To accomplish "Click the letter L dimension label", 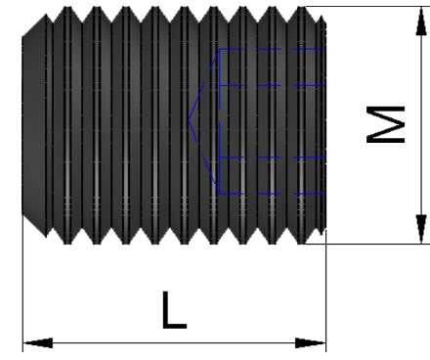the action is coord(174,310).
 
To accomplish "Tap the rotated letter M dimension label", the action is coord(386,124).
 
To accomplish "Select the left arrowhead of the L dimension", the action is coord(37,343).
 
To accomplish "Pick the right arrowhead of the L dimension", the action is coord(311,343).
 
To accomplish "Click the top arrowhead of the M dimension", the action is coord(421,22).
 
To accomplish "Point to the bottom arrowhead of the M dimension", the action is coord(421,229).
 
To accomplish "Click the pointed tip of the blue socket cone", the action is coord(189,120).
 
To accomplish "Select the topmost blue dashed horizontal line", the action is coord(272,49).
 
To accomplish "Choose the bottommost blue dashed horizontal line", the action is coord(272,193).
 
